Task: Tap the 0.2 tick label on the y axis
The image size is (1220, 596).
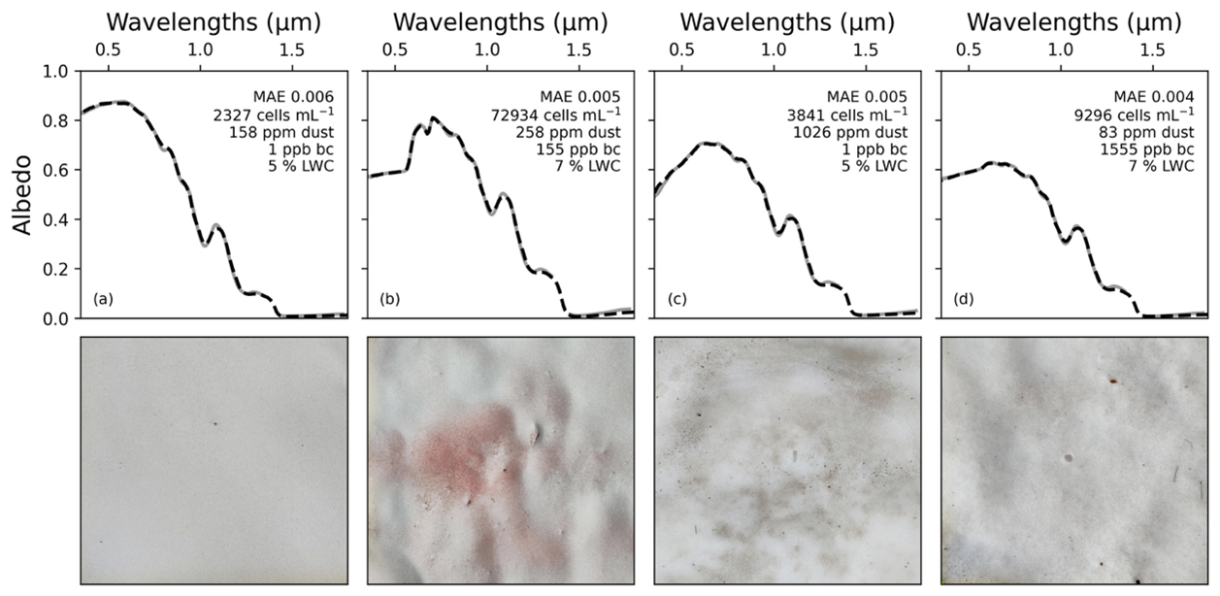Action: (55, 269)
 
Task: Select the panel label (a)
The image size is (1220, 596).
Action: (103, 299)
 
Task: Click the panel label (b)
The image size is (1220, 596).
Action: (389, 299)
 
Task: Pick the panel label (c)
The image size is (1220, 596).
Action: (676, 299)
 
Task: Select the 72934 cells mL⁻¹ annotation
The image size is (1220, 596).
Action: (565, 115)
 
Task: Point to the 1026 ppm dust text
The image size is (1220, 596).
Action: (859, 132)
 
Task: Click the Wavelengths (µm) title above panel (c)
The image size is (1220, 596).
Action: (787, 21)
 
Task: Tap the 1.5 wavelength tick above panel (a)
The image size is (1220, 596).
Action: (290, 50)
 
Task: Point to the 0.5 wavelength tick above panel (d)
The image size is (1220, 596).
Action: (968, 50)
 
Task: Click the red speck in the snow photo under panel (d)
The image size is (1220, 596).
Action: (1113, 381)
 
